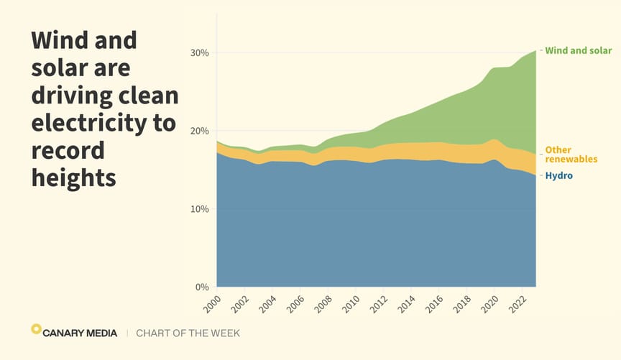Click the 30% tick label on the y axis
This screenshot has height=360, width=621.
coord(199,52)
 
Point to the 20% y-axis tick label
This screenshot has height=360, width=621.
coord(199,131)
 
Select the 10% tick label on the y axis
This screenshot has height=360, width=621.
coord(199,209)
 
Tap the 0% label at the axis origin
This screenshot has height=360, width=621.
coord(202,287)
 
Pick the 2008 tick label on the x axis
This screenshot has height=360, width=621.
coord(321,303)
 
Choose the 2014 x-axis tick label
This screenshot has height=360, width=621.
coord(405,303)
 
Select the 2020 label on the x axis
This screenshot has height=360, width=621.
coord(489,303)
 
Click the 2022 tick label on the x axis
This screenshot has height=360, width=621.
coord(517,303)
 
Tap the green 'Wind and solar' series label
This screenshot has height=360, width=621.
coord(579,51)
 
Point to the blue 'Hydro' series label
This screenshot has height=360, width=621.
coord(559,175)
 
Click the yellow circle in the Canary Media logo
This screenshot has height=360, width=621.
coord(36,329)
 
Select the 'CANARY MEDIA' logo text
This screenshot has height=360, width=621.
coord(79,333)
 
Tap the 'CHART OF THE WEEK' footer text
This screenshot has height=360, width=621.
coord(188,333)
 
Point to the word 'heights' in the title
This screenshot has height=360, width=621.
coord(73,177)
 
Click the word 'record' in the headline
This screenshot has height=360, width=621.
coord(68,150)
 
